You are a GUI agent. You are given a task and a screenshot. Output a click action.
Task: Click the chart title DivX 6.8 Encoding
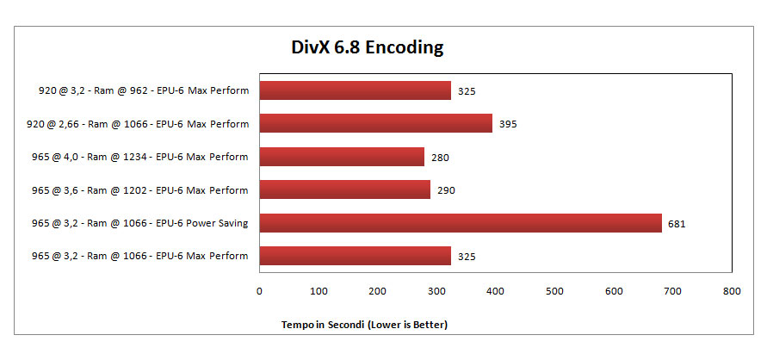point(366,47)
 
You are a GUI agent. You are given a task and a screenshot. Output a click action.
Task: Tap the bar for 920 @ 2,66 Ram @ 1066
point(375,123)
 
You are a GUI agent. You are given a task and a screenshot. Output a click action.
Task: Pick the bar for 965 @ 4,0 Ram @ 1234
point(342,157)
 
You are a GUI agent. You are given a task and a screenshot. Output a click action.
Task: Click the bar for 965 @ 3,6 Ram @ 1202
point(344,189)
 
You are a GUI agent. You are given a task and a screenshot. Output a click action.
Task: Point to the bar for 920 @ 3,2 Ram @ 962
point(355,90)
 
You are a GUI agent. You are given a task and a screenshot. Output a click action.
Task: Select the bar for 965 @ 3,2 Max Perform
point(355,256)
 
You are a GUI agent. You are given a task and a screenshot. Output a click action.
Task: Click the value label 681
point(676,224)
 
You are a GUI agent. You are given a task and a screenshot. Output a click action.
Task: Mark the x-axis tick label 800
point(731,291)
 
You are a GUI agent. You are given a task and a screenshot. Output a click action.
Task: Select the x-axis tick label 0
point(259,291)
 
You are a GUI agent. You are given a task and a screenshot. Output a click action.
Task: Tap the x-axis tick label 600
point(613,291)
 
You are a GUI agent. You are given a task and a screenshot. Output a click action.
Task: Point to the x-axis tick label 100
point(319,291)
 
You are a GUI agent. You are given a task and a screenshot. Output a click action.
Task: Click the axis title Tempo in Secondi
point(365,325)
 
